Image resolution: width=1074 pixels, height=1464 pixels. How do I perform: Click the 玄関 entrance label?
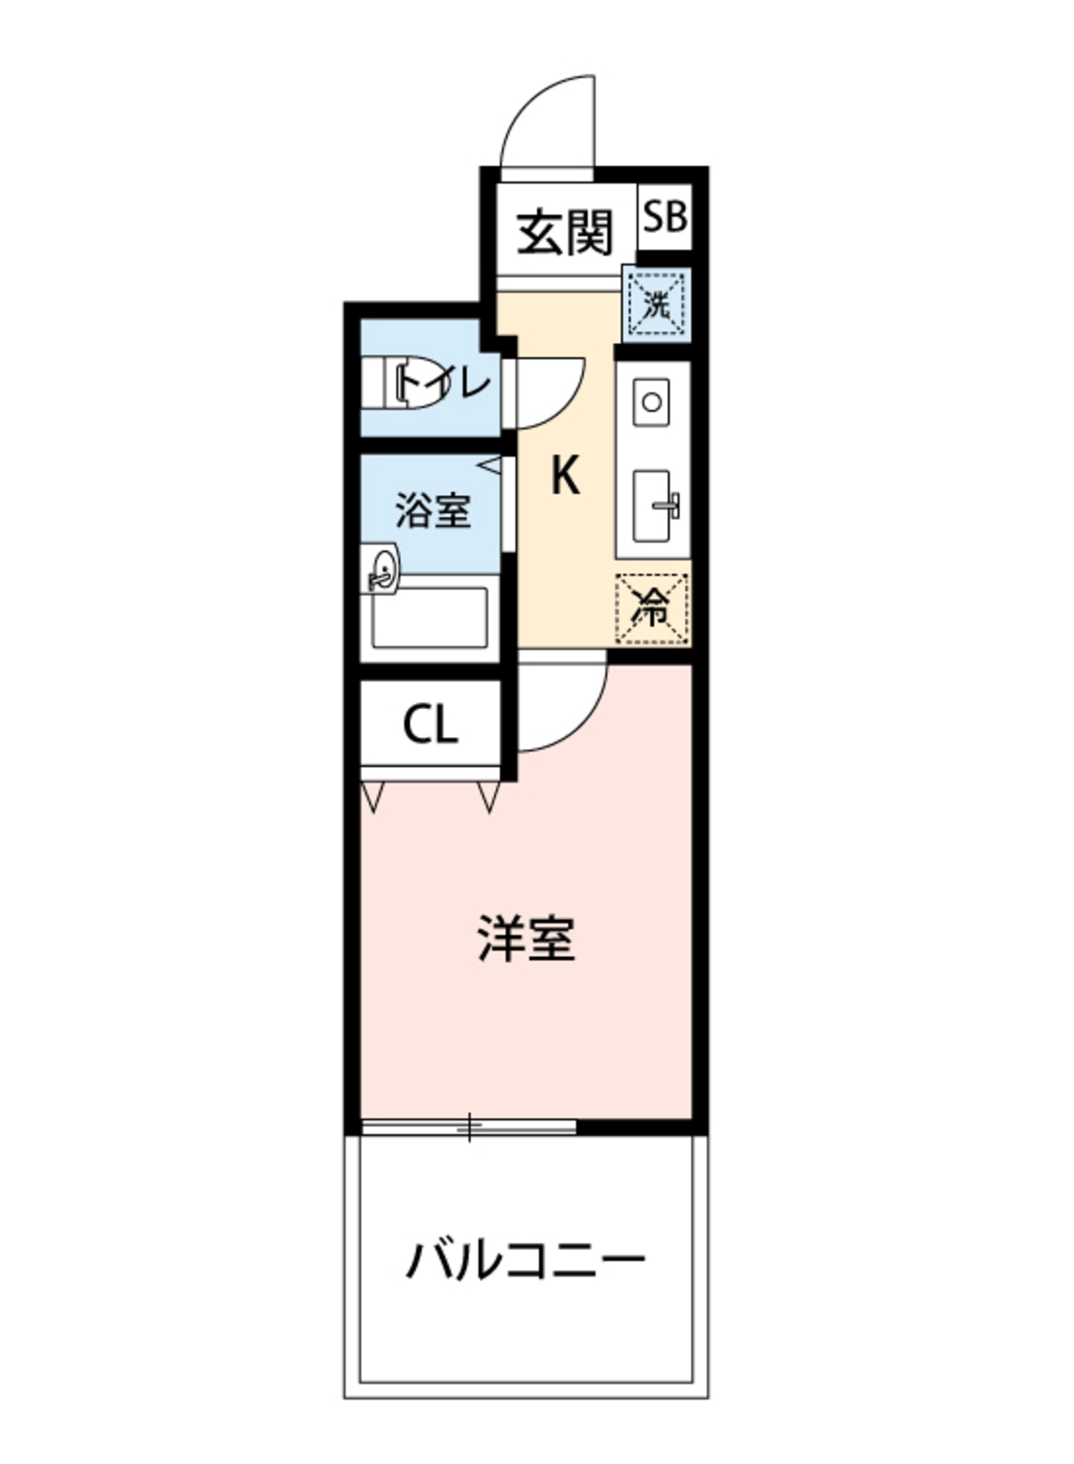565,232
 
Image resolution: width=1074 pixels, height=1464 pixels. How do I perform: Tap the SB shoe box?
666,217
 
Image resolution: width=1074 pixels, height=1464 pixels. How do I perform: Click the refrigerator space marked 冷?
653,609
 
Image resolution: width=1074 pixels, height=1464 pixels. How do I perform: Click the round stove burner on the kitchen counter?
652,402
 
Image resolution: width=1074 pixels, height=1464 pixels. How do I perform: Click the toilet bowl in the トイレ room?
404,381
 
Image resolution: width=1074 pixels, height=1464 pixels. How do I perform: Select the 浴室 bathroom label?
433,511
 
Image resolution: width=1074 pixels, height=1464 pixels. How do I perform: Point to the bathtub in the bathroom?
430,618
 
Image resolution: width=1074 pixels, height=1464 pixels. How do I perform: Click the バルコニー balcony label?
526,1261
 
